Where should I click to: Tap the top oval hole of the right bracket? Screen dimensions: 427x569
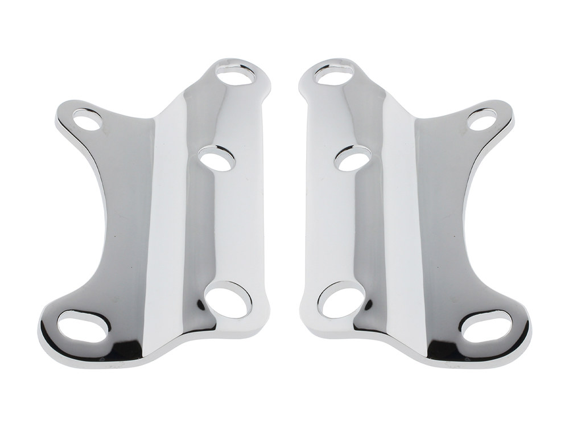(333, 75)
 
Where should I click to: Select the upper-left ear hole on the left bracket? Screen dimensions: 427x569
(88, 120)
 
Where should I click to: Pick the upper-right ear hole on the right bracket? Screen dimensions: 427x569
(481, 120)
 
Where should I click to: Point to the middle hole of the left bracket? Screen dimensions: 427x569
(217, 158)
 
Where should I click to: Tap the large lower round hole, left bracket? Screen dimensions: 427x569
(228, 300)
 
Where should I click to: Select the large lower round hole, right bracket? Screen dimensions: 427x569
(341, 300)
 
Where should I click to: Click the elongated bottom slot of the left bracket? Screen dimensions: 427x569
(84, 326)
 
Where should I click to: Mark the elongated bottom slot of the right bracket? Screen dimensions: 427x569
(486, 326)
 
